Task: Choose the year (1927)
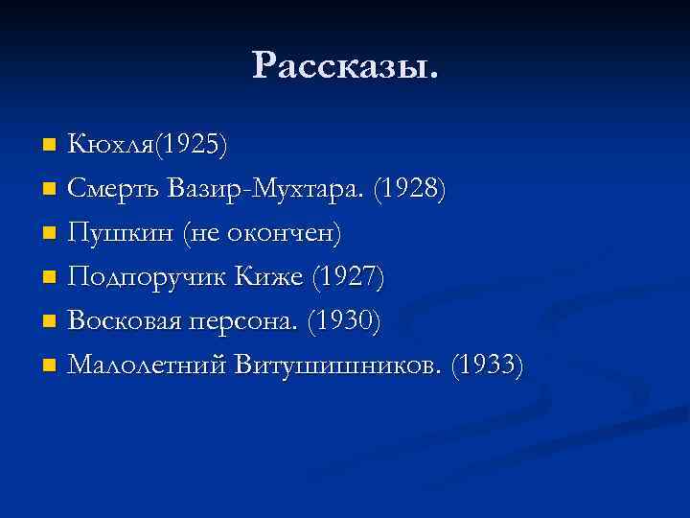pyautogui.click(x=350, y=277)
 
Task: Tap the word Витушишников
pyautogui.click(x=342, y=365)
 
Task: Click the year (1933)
pyautogui.click(x=489, y=365)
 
